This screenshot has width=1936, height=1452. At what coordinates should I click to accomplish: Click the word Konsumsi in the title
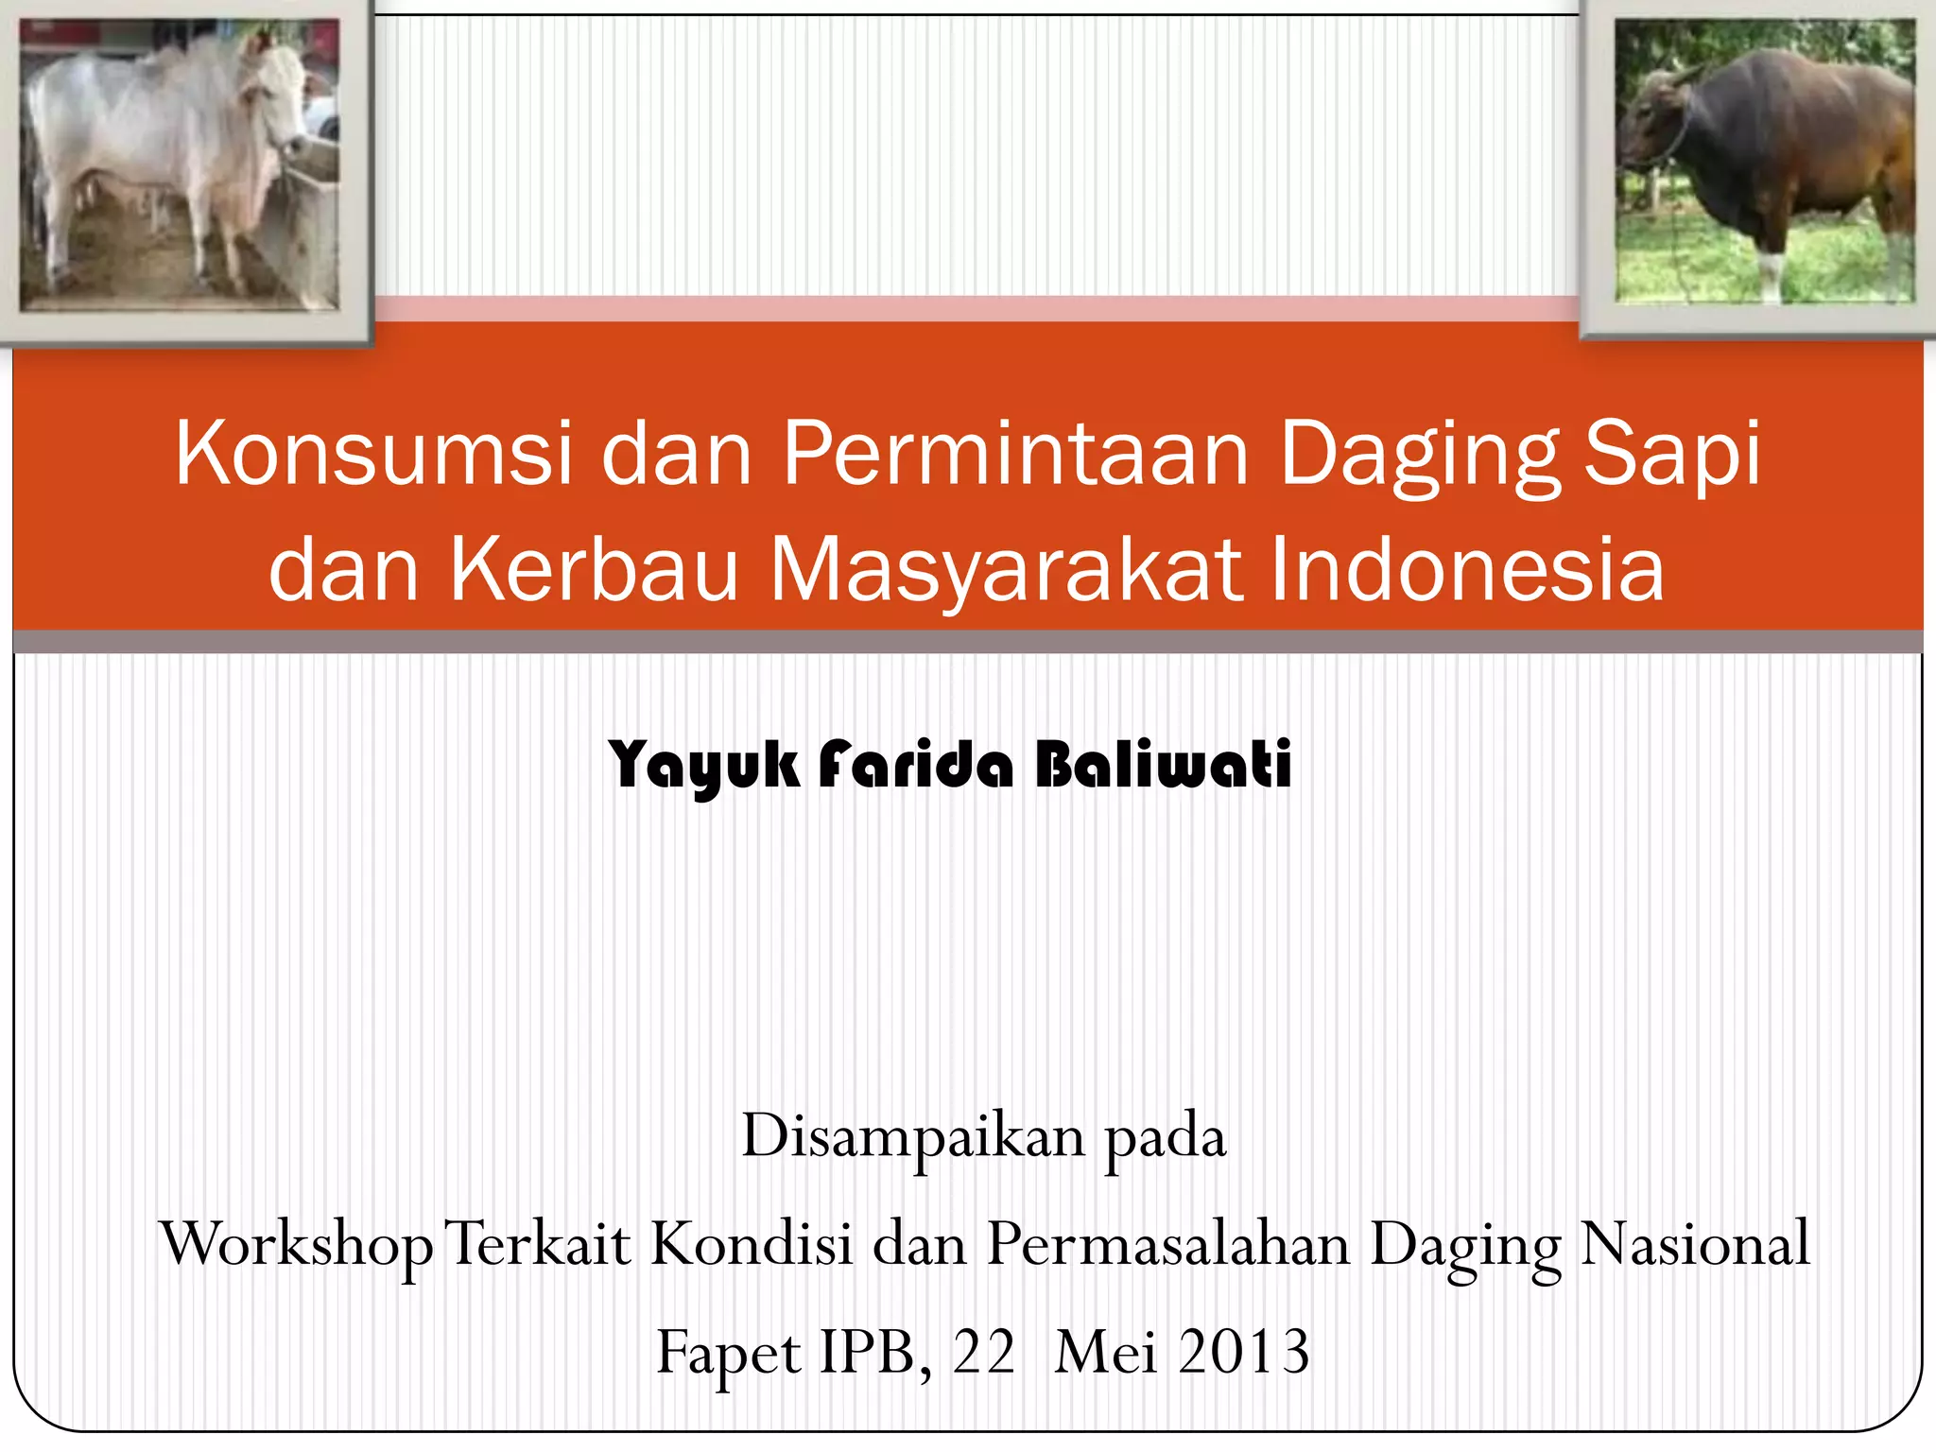[x=373, y=455]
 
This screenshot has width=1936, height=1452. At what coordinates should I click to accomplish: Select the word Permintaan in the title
[x=1016, y=455]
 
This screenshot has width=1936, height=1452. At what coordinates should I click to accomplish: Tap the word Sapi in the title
[x=1671, y=455]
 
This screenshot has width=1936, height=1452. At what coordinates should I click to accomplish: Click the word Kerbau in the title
[x=593, y=570]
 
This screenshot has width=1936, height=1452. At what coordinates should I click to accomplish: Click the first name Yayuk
[x=704, y=766]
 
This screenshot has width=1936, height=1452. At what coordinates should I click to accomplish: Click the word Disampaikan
[x=912, y=1136]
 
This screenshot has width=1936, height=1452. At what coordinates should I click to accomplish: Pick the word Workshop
[x=295, y=1245]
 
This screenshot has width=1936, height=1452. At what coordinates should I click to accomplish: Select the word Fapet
[x=729, y=1353]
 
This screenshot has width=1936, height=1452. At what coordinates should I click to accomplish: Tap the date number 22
[x=983, y=1351]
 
